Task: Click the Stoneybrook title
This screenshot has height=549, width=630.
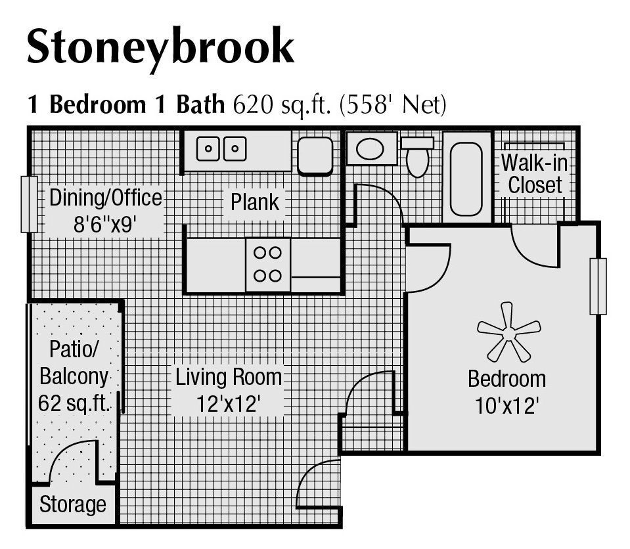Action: [x=160, y=47]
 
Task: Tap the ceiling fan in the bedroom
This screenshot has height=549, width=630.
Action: [x=508, y=331]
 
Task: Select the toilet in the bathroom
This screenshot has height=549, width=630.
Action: [x=417, y=156]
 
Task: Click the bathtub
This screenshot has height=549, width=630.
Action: [x=466, y=177]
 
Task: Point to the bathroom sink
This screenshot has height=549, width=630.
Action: [x=371, y=149]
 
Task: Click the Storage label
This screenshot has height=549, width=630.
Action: [x=72, y=504]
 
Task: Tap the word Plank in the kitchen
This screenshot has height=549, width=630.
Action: [x=255, y=202]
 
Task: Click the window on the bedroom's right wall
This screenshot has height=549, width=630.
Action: [x=598, y=286]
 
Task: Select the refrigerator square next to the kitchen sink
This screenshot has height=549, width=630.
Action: [x=315, y=156]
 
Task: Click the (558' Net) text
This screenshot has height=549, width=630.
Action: [x=392, y=105]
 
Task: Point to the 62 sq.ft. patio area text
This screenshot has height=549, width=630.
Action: [x=74, y=403]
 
